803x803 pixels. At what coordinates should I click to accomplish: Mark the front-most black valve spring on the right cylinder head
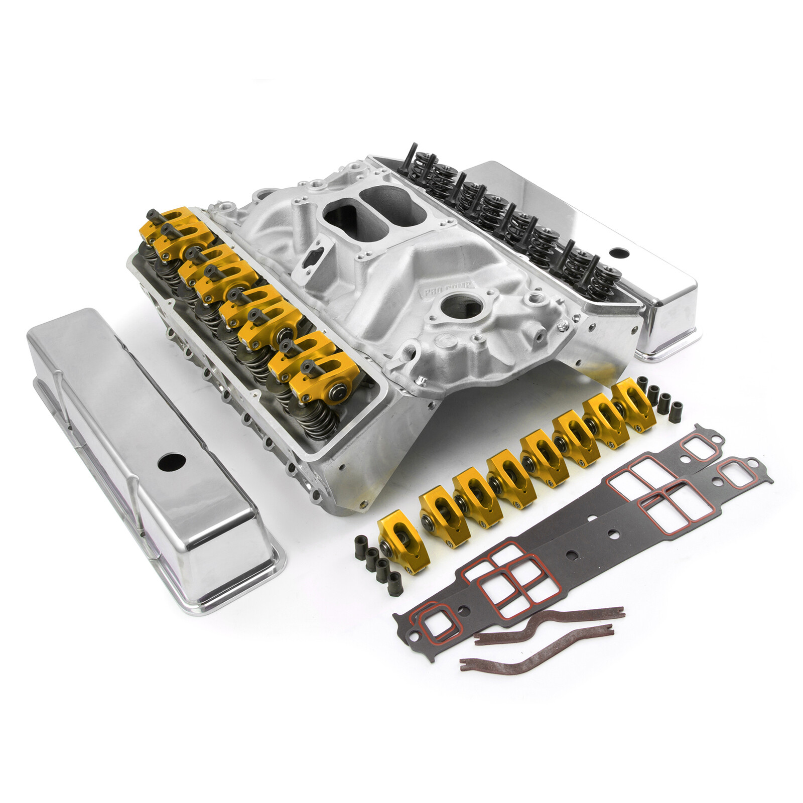603,281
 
